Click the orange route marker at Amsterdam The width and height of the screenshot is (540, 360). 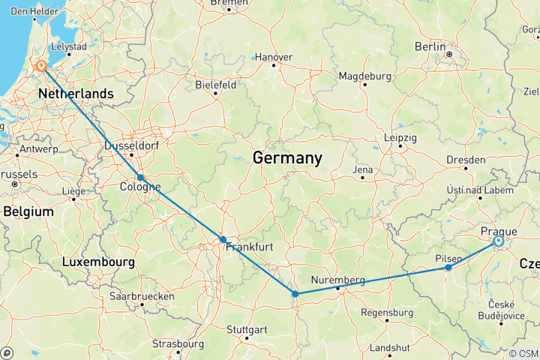click(40, 66)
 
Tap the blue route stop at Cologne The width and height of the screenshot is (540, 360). click(140, 178)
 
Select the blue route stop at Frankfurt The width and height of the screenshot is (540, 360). click(223, 239)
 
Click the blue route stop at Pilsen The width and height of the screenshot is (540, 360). click(448, 268)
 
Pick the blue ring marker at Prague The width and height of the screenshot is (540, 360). click(498, 241)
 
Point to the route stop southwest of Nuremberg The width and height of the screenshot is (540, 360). click(295, 293)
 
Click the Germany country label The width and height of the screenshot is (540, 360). click(287, 158)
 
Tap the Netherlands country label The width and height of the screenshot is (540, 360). click(75, 94)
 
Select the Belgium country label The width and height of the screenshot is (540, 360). click(28, 212)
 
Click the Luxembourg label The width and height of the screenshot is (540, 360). click(98, 262)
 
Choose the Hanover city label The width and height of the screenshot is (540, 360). click(274, 57)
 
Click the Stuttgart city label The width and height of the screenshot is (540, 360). click(247, 330)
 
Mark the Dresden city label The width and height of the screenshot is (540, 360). click(466, 160)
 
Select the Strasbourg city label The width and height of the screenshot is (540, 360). click(178, 344)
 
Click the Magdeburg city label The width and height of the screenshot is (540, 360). click(364, 76)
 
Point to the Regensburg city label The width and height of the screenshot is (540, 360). click(387, 312)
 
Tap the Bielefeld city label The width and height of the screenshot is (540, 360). click(216, 85)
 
